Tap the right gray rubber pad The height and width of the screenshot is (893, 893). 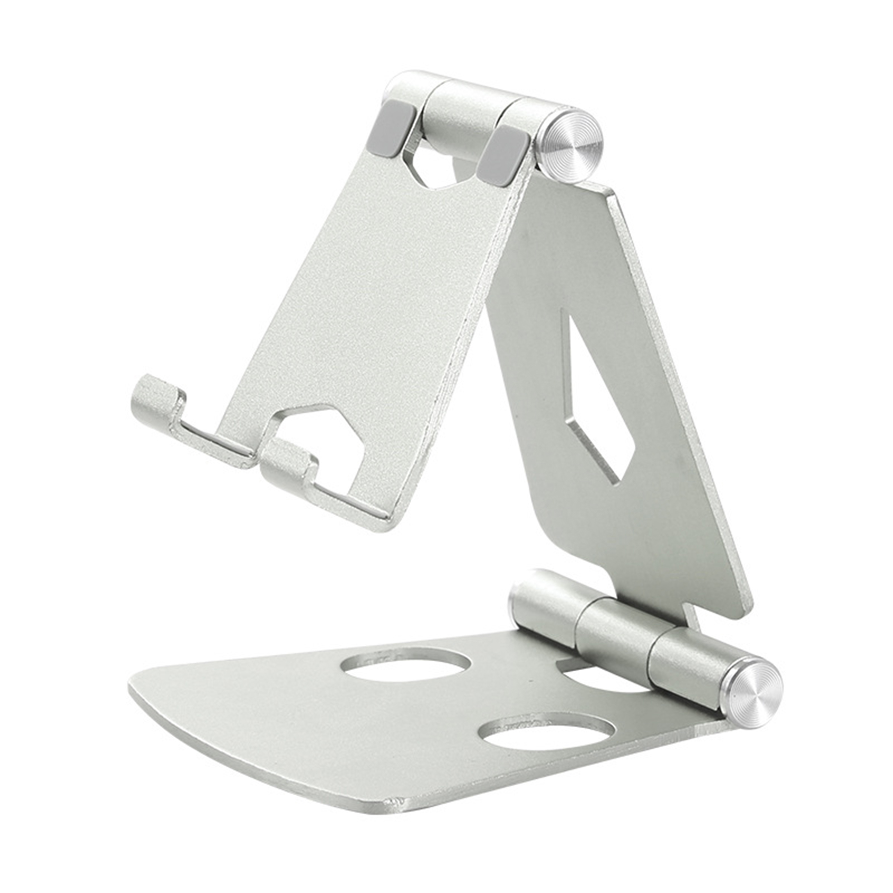(x=502, y=155)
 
